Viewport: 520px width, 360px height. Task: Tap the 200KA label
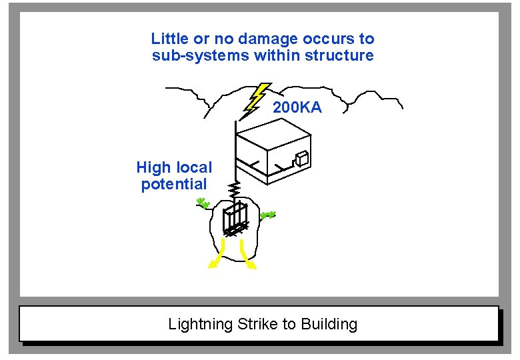pyautogui.click(x=297, y=107)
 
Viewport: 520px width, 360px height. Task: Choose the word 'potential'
pyautogui.click(x=174, y=184)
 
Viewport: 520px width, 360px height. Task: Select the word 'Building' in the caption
pyautogui.click(x=329, y=325)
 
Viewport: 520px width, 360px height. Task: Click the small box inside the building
pyautogui.click(x=301, y=158)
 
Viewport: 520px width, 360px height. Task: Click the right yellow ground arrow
pyautogui.click(x=247, y=257)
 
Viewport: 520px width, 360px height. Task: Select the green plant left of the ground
pyautogui.click(x=204, y=203)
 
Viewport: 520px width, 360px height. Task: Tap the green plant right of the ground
pyautogui.click(x=268, y=215)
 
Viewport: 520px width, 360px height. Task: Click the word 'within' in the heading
pyautogui.click(x=279, y=55)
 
